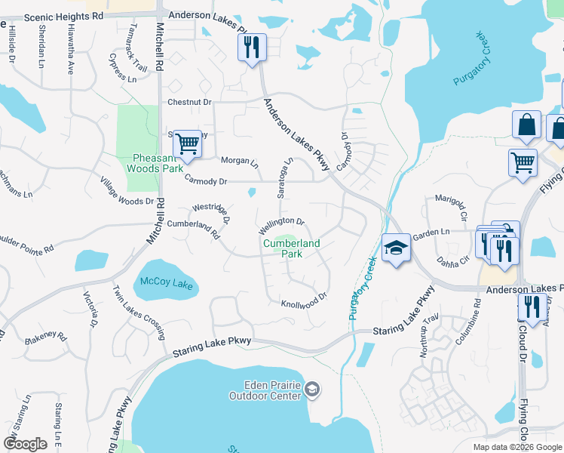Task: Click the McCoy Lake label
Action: click(167, 285)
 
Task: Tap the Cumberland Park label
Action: click(291, 248)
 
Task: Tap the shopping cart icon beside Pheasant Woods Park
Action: click(187, 141)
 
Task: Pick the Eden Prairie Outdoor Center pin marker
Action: click(313, 390)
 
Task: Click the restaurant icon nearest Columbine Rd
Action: click(532, 306)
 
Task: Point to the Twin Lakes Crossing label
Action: click(139, 312)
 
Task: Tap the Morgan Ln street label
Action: click(239, 162)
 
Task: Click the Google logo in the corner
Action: click(25, 444)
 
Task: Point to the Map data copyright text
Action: click(516, 447)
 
